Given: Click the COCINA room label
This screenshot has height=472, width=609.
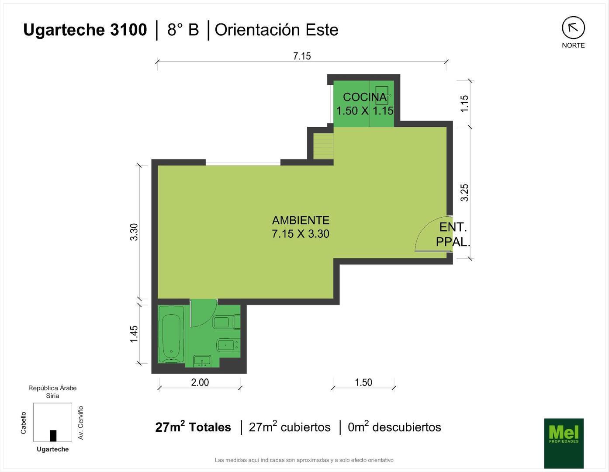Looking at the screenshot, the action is [365, 97].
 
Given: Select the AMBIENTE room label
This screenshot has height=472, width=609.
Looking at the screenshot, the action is [301, 220].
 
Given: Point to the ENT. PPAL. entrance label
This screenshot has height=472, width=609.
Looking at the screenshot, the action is [453, 235].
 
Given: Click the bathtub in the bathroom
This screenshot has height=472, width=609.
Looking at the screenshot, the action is [171, 334].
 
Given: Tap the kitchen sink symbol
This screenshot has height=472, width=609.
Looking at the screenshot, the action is [382, 95].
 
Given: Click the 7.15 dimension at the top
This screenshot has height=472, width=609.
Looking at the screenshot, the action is [302, 56].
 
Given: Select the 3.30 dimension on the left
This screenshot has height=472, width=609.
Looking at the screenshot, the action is [134, 232].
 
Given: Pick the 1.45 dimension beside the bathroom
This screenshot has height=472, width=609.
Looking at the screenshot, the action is [134, 333].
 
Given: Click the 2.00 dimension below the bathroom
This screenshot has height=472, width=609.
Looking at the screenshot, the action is [200, 382].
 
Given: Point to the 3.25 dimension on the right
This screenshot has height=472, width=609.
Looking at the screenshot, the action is [464, 192].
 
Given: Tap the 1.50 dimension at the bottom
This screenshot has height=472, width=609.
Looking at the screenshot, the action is [363, 382].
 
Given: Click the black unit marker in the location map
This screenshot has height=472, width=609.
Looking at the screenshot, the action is [53, 436].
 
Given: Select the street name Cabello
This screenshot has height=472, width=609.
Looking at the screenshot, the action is [23, 423].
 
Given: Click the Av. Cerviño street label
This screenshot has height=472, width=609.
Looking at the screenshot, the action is [81, 423].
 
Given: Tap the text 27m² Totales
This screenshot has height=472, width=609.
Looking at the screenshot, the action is [193, 427].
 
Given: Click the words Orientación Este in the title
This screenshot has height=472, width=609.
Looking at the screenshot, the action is [277, 30].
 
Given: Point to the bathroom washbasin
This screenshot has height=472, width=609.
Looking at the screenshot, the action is [202, 361].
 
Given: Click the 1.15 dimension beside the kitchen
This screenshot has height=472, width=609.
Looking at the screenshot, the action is [464, 104].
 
